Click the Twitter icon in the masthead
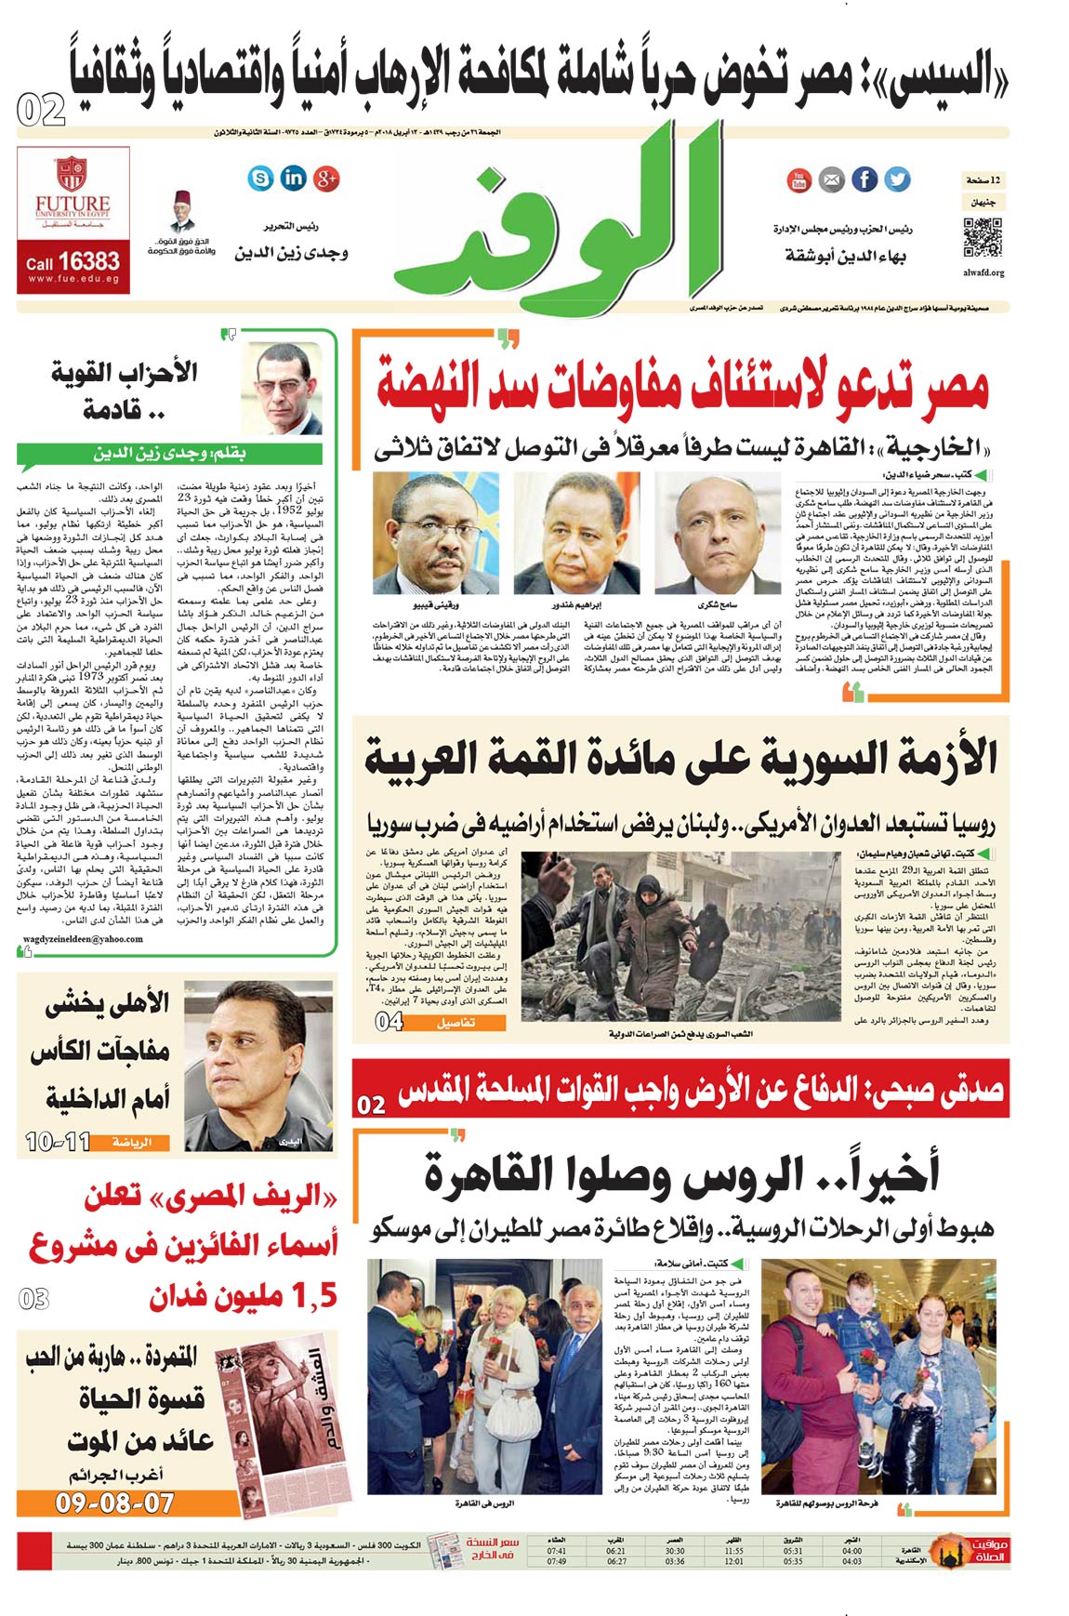(x=897, y=179)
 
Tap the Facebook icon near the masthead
(x=864, y=179)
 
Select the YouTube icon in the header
(x=798, y=180)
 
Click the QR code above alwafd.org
(x=983, y=237)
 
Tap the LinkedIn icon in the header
(x=294, y=179)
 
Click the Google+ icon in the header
(x=326, y=179)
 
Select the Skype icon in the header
(x=261, y=179)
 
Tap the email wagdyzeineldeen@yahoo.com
(x=83, y=938)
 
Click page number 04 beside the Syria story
(x=389, y=1021)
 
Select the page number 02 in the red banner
(x=371, y=1105)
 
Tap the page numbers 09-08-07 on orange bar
(x=113, y=1502)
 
